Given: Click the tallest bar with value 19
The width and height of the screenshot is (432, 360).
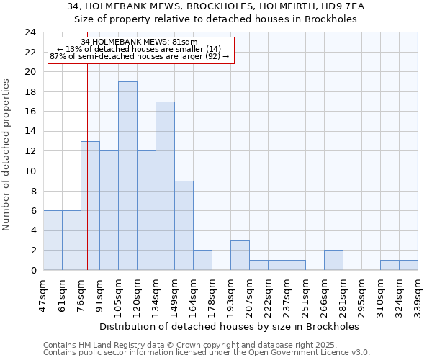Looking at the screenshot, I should [127, 176].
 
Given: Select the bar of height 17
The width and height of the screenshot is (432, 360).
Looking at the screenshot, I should [165, 186].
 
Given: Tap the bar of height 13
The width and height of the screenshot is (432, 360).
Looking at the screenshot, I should [90, 205].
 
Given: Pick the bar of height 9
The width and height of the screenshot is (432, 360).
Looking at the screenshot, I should [184, 225].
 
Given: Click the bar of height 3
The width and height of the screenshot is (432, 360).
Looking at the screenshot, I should [240, 255].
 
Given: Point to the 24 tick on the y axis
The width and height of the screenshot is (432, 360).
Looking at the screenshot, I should [30, 32].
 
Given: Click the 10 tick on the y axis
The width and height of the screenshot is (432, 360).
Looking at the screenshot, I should [30, 171].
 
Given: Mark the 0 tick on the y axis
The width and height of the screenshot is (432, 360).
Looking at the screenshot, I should [32, 270].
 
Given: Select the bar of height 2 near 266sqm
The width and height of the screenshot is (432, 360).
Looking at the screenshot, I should [333, 260].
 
